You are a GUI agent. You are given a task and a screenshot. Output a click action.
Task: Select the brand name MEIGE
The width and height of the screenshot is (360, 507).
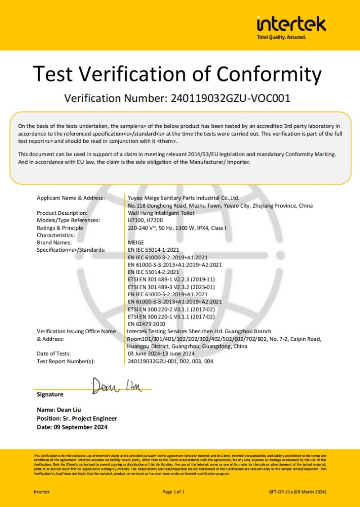tap(136, 242)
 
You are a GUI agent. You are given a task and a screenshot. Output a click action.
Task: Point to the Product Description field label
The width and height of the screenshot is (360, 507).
tap(62, 213)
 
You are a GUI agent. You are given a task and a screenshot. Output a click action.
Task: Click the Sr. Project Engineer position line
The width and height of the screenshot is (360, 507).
tap(76, 418)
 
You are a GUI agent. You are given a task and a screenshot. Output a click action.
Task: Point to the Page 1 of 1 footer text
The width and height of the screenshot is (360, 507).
tap(174, 492)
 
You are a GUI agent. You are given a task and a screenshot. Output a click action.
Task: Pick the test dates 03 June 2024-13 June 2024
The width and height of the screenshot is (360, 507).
tap(167, 353)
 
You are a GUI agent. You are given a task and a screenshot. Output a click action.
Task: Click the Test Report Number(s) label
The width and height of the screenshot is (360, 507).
tap(66, 361)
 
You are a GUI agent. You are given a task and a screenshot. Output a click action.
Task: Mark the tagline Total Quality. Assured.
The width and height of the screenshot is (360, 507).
tap(281, 37)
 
